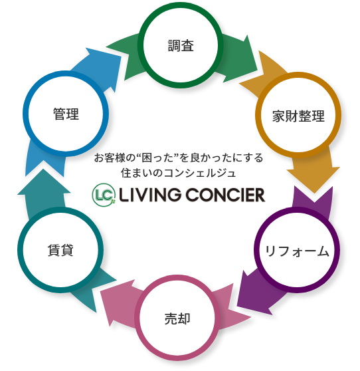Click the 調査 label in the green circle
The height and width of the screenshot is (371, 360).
(181, 46)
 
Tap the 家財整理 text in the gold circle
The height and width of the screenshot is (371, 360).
(298, 116)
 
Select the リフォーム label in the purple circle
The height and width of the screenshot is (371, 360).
(297, 251)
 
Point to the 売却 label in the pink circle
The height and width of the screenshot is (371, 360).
(177, 318)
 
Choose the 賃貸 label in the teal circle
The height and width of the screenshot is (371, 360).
(60, 250)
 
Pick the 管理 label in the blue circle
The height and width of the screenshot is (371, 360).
(66, 114)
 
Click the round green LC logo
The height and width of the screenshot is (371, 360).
(104, 195)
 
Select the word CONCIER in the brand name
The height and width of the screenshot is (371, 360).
(225, 195)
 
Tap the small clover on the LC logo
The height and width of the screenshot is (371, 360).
(114, 201)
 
